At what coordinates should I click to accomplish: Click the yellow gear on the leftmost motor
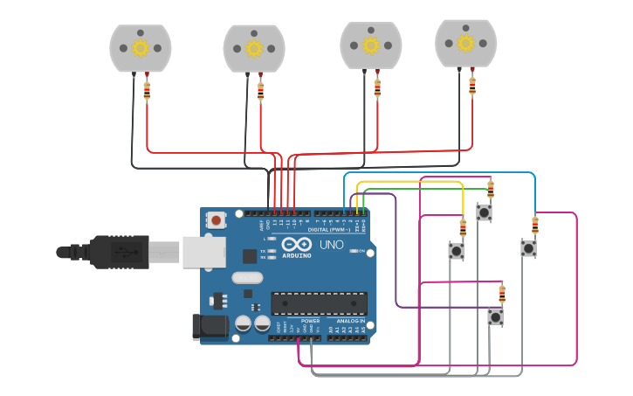pos(141,48)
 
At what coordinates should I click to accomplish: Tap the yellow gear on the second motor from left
pos(254,48)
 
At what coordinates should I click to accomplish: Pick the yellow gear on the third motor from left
pos(370,45)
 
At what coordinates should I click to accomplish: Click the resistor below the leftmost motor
pos(147,90)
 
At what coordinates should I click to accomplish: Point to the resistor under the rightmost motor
pos(472,86)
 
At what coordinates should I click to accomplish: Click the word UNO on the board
pos(331,245)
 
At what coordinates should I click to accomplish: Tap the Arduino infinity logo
pos(296,246)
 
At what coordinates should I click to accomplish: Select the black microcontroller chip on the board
pos(318,303)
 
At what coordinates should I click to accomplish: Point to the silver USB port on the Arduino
pos(203,251)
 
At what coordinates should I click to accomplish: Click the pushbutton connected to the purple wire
pos(495,317)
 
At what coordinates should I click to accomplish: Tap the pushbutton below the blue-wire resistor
pos(528,248)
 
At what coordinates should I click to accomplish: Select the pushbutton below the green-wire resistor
pos(484,212)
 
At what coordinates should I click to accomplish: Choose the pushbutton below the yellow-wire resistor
pos(457,251)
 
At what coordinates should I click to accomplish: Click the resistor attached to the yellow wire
pos(463,228)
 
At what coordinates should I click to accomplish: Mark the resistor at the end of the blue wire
pos(534,225)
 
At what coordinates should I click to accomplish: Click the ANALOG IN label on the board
pos(350,321)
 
